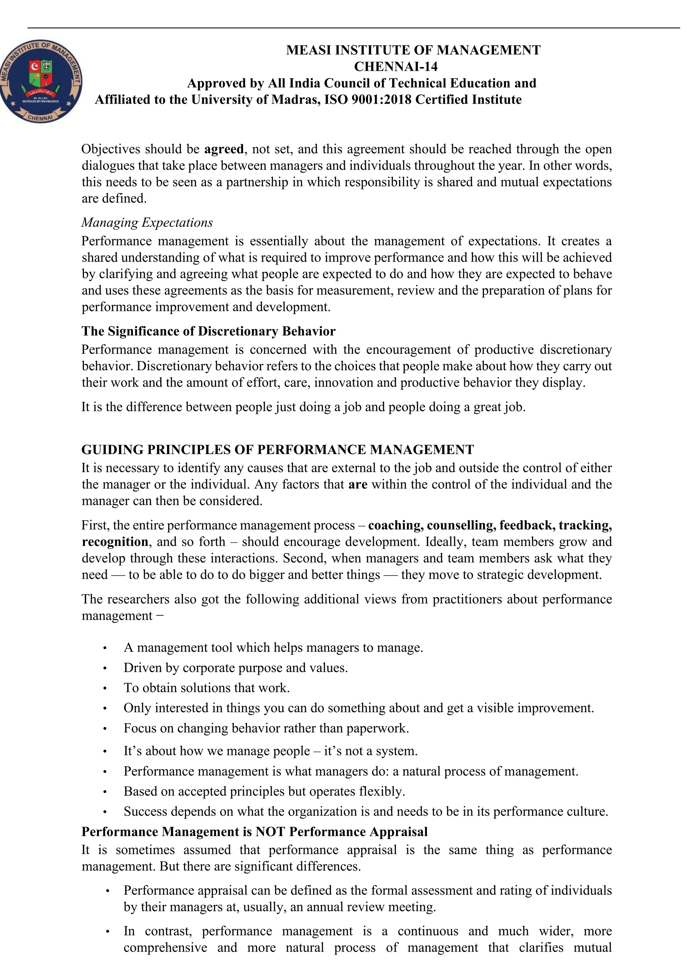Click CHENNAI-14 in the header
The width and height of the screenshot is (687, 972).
[x=395, y=66]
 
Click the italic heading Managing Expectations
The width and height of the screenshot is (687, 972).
[x=147, y=222]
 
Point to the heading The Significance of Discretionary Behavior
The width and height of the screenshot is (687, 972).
[x=208, y=331]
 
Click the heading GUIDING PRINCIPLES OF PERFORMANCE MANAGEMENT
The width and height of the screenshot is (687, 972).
[x=277, y=449]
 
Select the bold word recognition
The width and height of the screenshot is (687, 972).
[x=115, y=542]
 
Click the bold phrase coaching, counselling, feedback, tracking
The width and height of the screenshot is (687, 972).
[x=489, y=525]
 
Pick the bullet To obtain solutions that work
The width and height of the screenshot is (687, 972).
[x=207, y=688]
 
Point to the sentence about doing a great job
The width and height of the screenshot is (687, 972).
[x=303, y=407]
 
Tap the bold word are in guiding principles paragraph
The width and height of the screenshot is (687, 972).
[x=357, y=484]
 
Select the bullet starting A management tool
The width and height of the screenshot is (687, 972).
[x=273, y=648]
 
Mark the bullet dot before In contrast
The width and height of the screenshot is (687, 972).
[x=108, y=932]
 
